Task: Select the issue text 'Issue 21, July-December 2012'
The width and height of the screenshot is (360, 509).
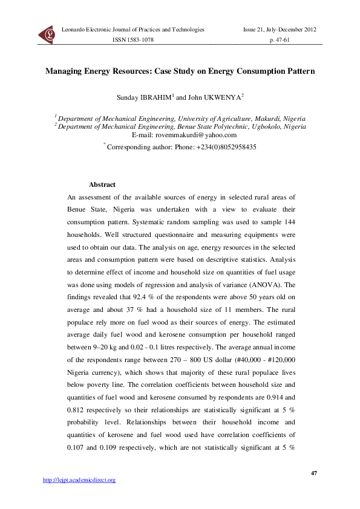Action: pos(280,30)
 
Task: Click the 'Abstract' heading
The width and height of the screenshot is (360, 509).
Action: pos(102,185)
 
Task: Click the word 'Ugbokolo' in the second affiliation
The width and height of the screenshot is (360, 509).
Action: pos(262,127)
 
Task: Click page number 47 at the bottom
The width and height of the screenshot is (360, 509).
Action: pos(313,472)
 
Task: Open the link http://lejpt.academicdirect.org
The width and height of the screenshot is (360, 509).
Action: pos(79,480)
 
